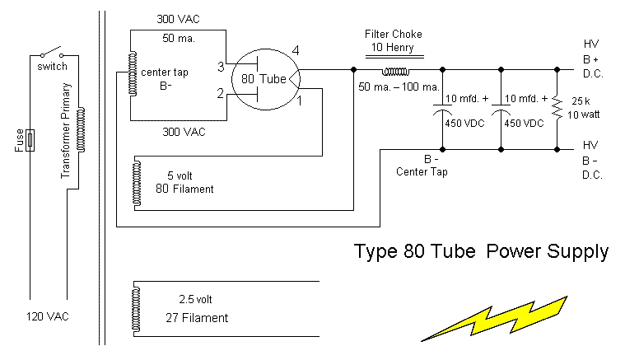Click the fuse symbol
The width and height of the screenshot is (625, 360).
coord(30,141)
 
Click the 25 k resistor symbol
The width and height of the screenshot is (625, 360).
coord(557,106)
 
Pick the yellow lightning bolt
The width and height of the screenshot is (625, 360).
coord(495,318)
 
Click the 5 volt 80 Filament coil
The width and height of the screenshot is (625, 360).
coord(135,182)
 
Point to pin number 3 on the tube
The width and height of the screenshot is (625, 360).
coord(221,66)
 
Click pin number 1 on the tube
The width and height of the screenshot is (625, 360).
coord(300,101)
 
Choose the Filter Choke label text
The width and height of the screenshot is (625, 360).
coord(394,35)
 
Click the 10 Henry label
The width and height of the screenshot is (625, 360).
coord(394,48)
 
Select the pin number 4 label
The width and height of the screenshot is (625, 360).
coord(296,51)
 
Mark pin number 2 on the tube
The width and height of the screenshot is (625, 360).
coord(221,94)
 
